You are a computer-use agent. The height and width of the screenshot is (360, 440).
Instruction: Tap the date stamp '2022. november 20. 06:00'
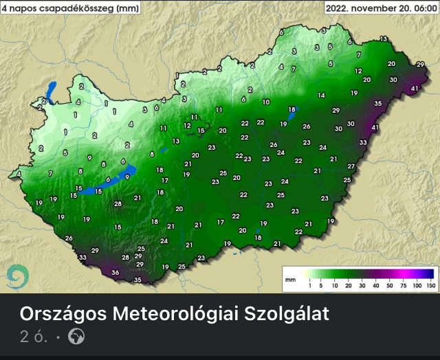380,8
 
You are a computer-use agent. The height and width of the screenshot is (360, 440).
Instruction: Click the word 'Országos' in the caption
63,315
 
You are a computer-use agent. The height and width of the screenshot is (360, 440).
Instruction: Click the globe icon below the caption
77,337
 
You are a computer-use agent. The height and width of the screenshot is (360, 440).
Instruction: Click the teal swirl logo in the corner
17,278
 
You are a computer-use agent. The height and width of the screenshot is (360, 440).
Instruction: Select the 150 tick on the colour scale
431,284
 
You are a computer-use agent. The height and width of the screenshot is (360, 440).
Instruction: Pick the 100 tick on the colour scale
417,284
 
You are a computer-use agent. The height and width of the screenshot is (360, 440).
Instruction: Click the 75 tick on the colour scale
404,284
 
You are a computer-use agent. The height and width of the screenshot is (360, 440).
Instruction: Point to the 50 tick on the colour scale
390,284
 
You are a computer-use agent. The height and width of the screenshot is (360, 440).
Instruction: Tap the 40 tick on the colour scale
376,284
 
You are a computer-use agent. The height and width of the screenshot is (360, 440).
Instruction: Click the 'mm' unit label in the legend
291,280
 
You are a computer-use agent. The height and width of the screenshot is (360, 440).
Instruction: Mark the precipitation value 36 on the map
115,273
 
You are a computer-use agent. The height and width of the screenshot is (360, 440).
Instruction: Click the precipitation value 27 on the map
351,167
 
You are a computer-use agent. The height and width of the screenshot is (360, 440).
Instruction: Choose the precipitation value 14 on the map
321,95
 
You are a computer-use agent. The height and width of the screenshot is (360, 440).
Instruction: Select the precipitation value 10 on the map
266,102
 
